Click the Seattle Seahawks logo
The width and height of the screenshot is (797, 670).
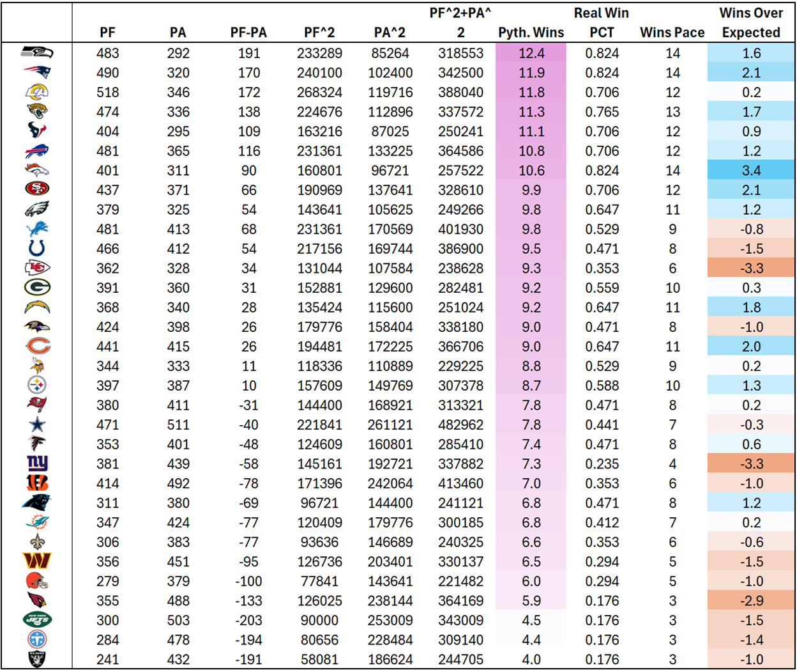(x=37, y=52)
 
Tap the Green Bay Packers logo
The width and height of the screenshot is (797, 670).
(x=37, y=288)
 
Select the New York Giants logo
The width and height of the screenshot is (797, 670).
(x=38, y=464)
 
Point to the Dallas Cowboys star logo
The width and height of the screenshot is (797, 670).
(x=38, y=425)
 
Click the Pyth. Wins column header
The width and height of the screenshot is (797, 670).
(x=531, y=33)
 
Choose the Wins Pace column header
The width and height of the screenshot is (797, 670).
(x=672, y=33)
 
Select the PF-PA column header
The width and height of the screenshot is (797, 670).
(x=248, y=33)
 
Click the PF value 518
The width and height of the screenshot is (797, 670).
(x=108, y=92)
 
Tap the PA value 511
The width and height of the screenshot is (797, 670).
(x=178, y=425)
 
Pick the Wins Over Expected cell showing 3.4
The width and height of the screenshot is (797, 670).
(x=751, y=171)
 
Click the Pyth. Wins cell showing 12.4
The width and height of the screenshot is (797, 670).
(x=531, y=53)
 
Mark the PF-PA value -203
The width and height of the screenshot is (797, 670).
(x=248, y=620)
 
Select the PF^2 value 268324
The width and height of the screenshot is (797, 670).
(x=319, y=92)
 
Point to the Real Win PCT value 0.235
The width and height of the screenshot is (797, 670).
(x=602, y=464)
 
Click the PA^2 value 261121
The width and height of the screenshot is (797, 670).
(x=390, y=425)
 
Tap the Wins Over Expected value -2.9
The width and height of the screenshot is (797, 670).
(x=751, y=601)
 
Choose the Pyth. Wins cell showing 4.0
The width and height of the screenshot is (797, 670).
(x=531, y=659)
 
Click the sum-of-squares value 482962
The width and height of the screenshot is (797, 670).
(x=460, y=425)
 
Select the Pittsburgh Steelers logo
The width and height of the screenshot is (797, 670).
(x=37, y=385)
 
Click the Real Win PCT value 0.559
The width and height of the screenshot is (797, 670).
(x=602, y=288)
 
